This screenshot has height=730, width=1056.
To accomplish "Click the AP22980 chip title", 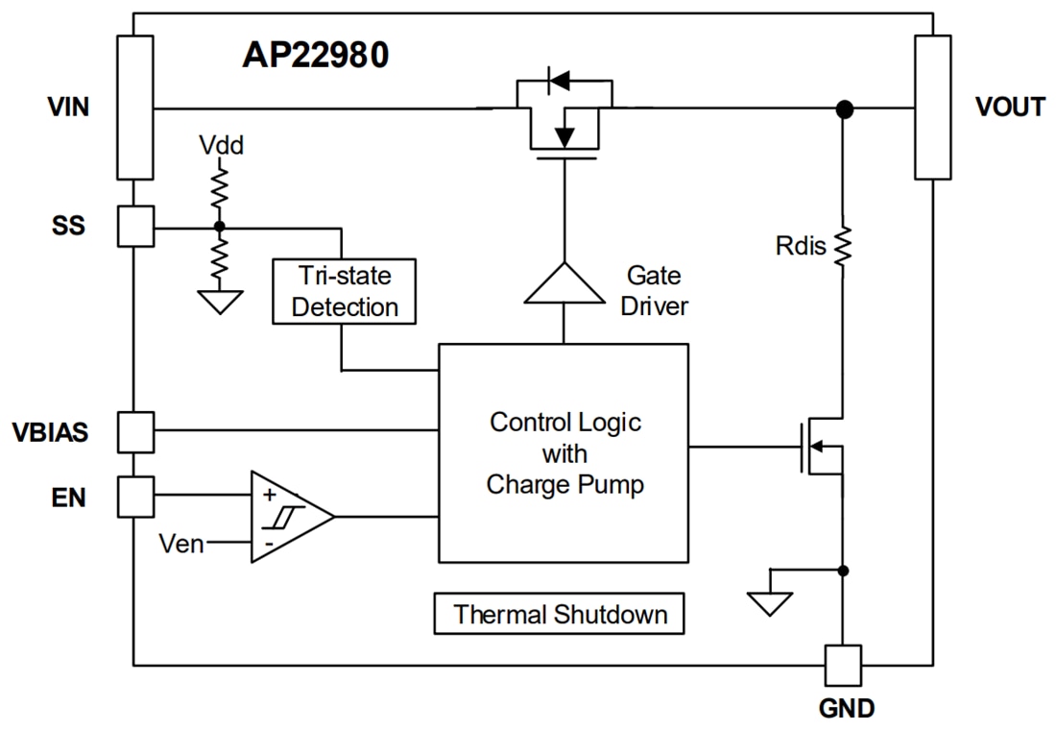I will point(315,56).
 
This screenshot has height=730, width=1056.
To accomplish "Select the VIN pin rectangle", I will point(135,108).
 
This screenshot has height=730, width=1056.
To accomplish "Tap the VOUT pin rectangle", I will point(932,108).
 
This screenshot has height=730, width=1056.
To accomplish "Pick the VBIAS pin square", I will point(135,431).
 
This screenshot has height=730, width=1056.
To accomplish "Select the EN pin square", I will point(135,496).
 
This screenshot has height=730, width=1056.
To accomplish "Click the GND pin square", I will point(843,664).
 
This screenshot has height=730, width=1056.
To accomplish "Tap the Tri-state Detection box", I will point(345,291).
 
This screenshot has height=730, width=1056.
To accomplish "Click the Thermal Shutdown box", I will point(560,614).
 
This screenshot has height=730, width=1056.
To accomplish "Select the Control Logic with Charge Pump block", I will point(564,452).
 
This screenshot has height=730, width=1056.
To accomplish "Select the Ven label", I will point(181,544).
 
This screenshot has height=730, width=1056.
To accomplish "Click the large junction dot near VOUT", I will point(844,109).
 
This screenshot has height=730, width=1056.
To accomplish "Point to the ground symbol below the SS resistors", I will point(220,302).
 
